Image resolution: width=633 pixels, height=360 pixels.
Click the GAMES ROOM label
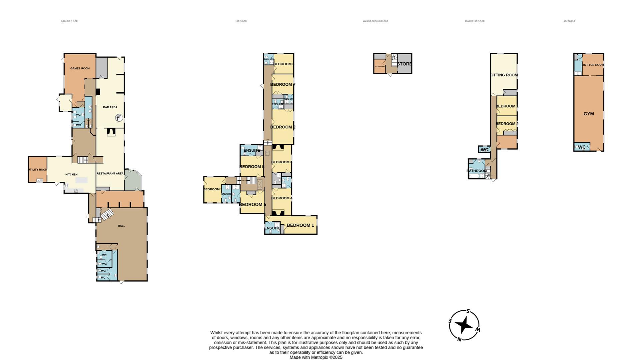[x=80, y=68]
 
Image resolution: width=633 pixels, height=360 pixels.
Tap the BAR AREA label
[x=110, y=107]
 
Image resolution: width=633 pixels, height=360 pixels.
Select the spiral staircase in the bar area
[x=119, y=118]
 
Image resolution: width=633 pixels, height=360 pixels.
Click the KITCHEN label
[x=71, y=174]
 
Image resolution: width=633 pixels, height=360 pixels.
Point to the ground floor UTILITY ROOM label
[x=38, y=170]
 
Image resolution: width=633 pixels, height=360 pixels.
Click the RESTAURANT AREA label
[x=110, y=173]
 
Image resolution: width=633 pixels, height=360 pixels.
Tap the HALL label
[x=121, y=226]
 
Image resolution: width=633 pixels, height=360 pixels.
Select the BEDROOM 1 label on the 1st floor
[x=300, y=225]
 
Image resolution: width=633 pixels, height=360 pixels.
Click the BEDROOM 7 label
[x=283, y=84]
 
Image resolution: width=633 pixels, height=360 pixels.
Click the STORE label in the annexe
[x=404, y=64]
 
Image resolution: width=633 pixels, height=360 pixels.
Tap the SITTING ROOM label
[x=504, y=75]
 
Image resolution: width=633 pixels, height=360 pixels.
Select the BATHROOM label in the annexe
[x=476, y=171]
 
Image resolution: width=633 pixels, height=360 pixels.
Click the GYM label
[x=589, y=114]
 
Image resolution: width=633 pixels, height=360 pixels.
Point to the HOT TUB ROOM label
[x=593, y=65]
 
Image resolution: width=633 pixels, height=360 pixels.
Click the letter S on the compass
[x=468, y=311]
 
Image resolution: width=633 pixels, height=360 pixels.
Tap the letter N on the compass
[x=459, y=339]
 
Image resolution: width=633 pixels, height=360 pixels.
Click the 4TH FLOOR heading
[x=569, y=21]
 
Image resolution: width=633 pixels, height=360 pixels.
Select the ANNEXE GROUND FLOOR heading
[x=375, y=21]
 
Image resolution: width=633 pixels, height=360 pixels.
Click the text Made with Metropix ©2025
[x=316, y=357]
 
